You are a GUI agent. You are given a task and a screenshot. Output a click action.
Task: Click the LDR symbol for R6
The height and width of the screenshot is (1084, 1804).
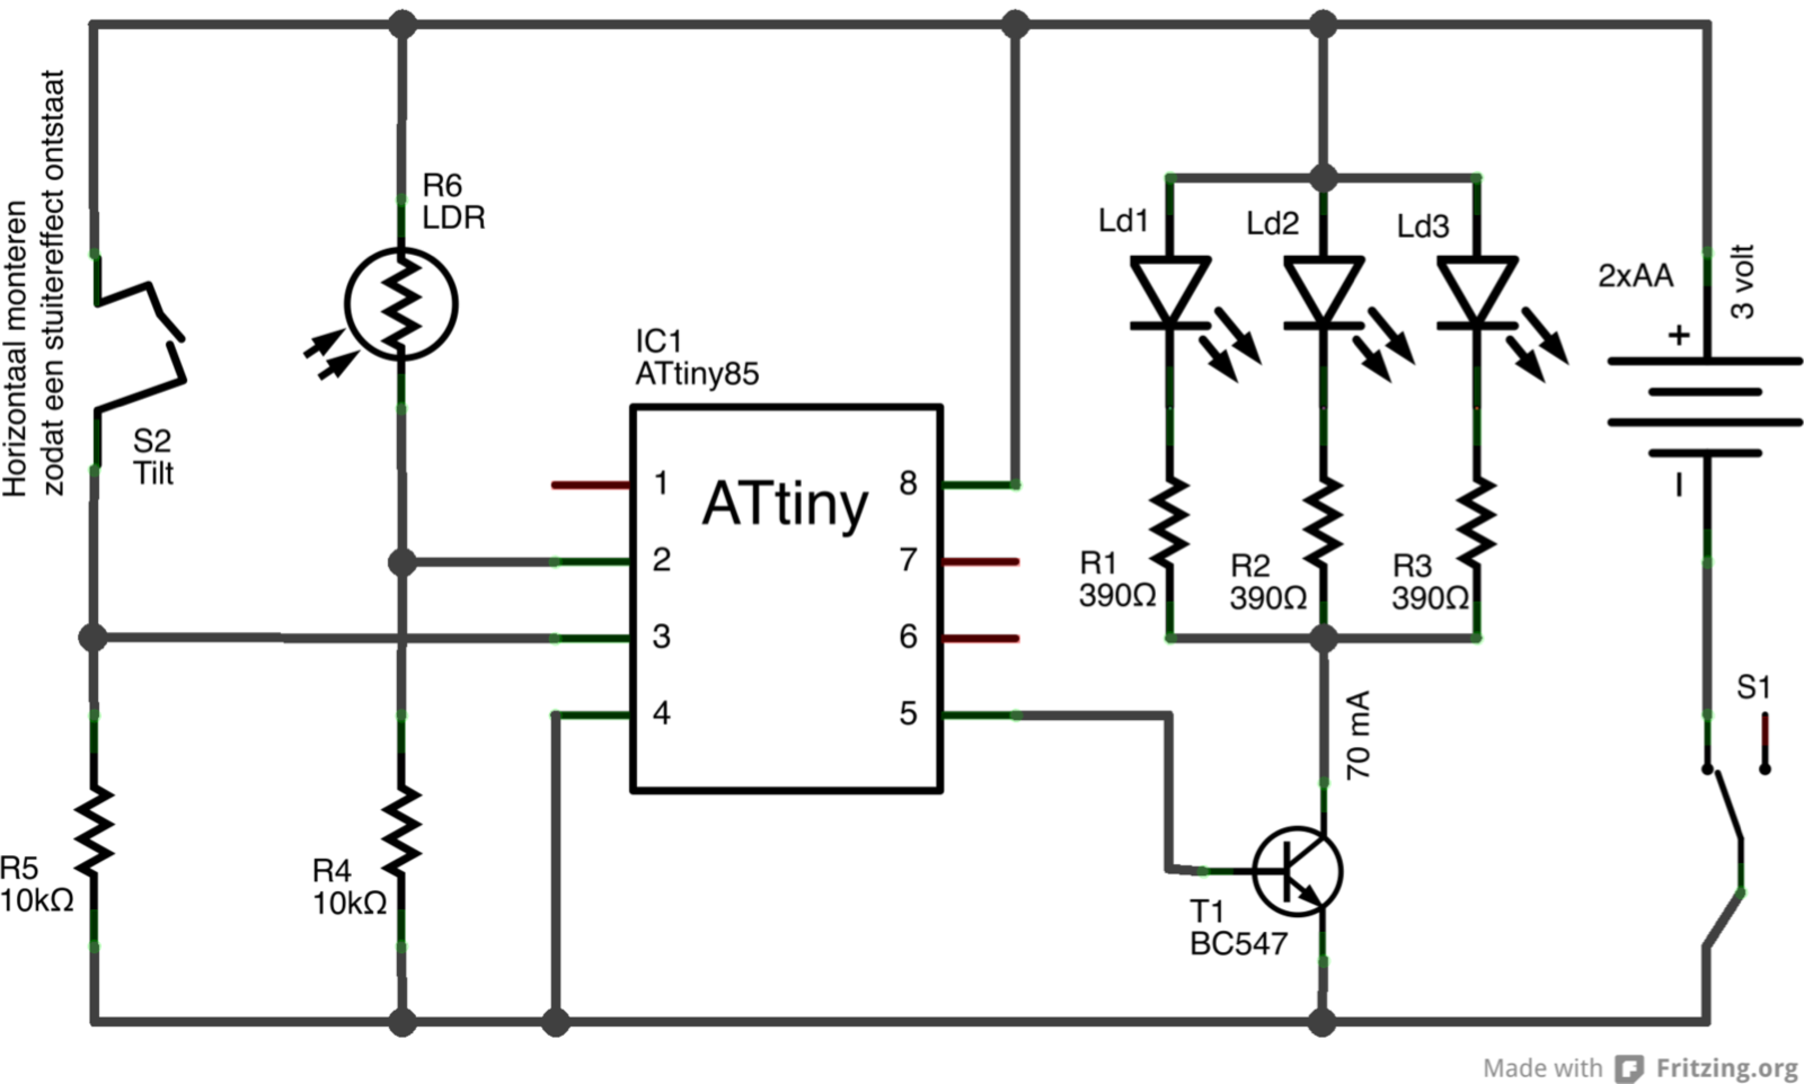click(401, 304)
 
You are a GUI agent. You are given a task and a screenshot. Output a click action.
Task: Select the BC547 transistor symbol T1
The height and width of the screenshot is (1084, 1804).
click(1298, 872)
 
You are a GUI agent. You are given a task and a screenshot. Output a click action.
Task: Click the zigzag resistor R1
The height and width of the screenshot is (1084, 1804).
click(1170, 521)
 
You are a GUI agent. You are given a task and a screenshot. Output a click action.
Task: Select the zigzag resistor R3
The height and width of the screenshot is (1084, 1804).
click(1476, 521)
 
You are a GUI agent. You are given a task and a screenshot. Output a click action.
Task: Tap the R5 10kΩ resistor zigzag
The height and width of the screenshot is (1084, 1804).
click(94, 829)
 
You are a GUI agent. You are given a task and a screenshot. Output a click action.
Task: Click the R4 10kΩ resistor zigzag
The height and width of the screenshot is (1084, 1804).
click(401, 829)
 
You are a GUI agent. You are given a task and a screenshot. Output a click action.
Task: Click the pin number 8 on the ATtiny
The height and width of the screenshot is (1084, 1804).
click(908, 483)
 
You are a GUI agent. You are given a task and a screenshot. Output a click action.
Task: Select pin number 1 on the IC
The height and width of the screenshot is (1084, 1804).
click(661, 483)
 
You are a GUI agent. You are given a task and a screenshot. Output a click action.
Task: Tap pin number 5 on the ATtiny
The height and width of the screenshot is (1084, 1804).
click(908, 713)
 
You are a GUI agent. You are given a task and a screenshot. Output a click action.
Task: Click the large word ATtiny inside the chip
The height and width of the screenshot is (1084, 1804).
click(785, 504)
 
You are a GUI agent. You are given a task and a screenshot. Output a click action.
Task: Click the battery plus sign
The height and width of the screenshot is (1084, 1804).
click(1679, 335)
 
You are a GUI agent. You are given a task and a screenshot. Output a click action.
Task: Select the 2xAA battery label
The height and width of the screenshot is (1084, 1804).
click(1635, 276)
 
